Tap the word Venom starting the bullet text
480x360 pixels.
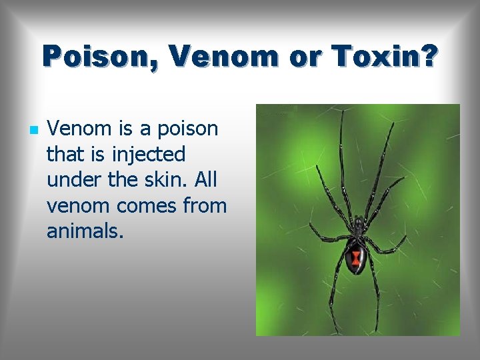[x=77, y=128]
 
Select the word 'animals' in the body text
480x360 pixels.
[x=85, y=231]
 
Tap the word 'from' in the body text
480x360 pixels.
[x=205, y=206]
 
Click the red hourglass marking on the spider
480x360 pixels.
[x=356, y=257]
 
